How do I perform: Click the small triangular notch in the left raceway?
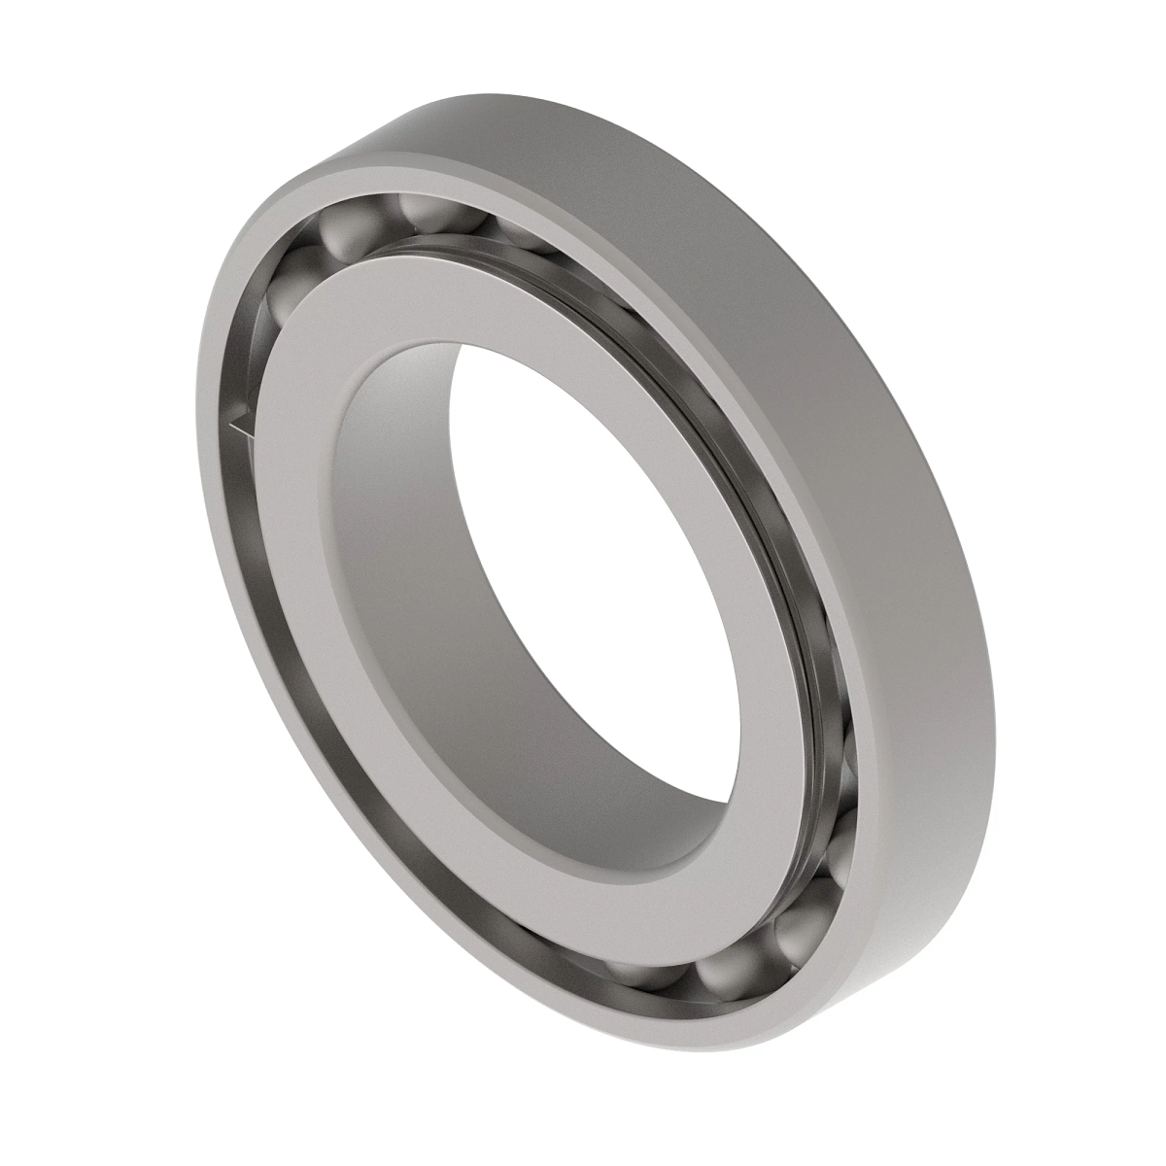pyautogui.click(x=238, y=423)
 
